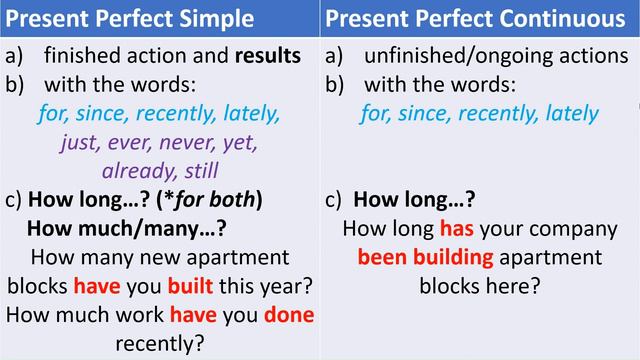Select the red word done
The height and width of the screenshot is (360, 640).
tap(288, 315)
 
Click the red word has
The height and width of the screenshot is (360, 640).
tap(456, 228)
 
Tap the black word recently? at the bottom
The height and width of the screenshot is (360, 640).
tap(160, 344)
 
